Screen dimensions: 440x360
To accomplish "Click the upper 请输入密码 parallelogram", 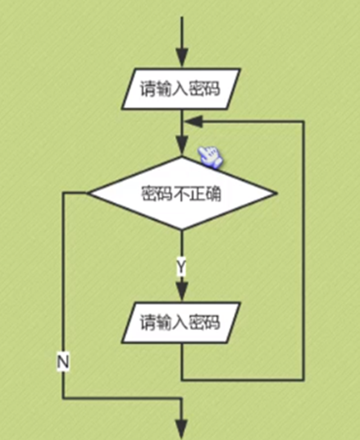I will [x=181, y=89].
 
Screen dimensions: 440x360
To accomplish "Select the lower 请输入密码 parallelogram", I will [x=181, y=321].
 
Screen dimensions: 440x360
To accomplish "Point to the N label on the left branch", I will [x=63, y=362].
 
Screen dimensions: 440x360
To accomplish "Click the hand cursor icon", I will [x=210, y=154].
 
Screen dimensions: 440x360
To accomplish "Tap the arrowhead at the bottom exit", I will [x=181, y=429].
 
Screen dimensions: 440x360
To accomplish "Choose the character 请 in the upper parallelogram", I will [x=147, y=89].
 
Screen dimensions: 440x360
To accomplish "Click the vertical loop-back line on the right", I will [x=304, y=246].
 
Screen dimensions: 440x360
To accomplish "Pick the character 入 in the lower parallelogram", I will [x=181, y=321].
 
